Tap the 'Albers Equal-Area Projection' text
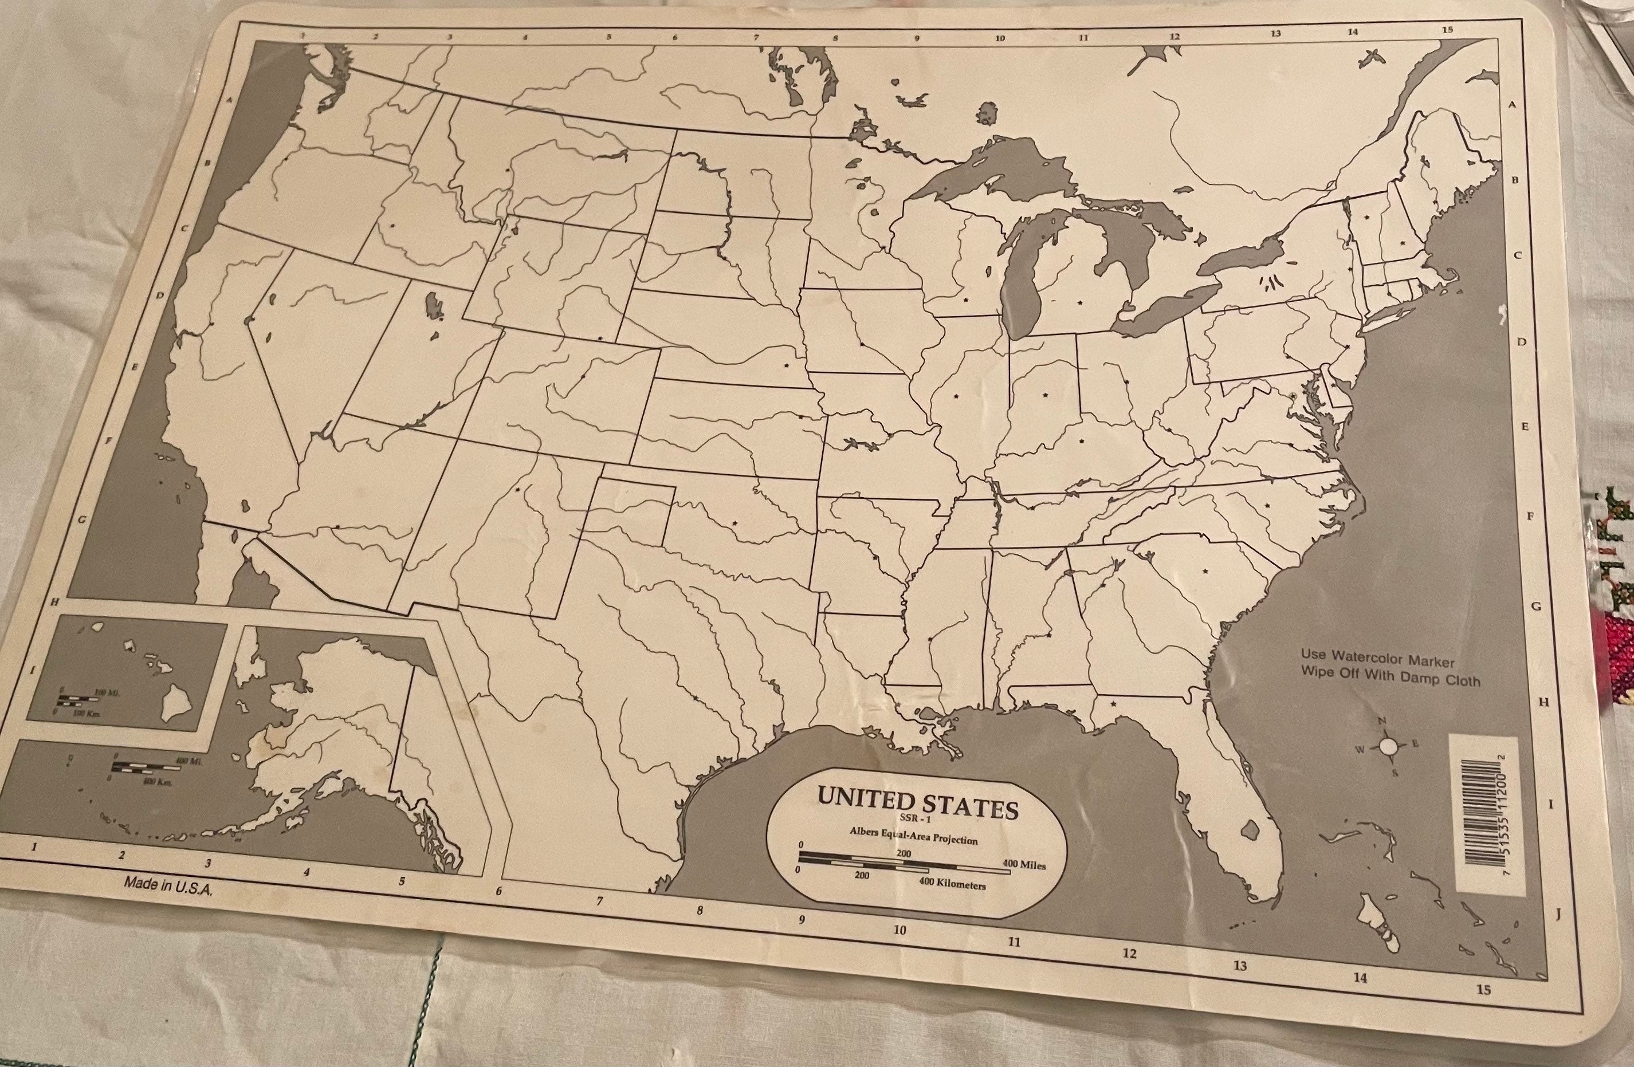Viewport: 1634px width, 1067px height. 913,836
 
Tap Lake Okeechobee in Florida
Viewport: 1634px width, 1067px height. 1250,830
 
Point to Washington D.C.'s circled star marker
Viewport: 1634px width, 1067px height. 1293,396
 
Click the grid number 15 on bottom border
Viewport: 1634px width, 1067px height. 1483,990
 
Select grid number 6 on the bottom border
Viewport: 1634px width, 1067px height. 498,891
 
